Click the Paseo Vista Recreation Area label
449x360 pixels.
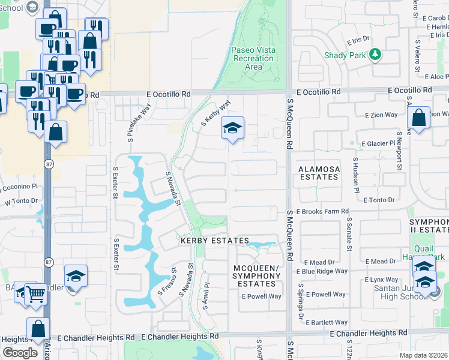pyautogui.click(x=254, y=58)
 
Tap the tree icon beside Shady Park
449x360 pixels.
pyautogui.click(x=376, y=55)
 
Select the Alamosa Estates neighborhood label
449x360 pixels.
pyautogui.click(x=319, y=173)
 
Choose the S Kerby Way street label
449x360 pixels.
pyautogui.click(x=215, y=113)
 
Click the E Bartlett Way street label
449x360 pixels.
pyautogui.click(x=326, y=323)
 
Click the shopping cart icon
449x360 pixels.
pyautogui.click(x=36, y=294)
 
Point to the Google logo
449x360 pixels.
pyautogui.click(x=20, y=352)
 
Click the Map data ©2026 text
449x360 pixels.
pyautogui.click(x=423, y=355)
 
